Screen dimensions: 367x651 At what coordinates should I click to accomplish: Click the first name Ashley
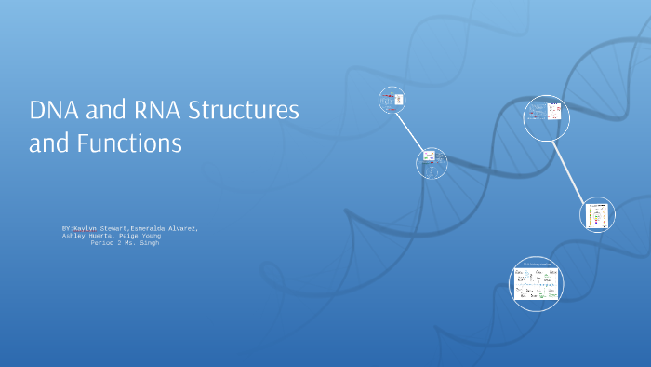point(73,236)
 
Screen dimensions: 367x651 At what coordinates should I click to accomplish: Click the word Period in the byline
point(102,243)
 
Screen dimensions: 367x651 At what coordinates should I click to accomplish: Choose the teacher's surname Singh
point(147,243)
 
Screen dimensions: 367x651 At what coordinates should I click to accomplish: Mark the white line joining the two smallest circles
point(411,131)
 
